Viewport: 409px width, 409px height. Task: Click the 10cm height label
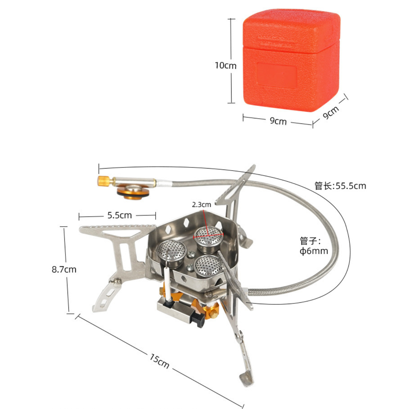click(x=226, y=65)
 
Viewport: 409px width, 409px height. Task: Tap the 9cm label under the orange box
click(x=278, y=121)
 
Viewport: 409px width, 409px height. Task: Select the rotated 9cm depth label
click(x=331, y=112)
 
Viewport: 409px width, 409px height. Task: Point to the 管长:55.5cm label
click(x=340, y=186)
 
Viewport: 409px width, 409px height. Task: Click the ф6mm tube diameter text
click(x=314, y=251)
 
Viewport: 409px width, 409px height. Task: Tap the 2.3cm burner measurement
click(x=201, y=205)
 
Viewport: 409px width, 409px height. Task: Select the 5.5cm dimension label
click(x=120, y=215)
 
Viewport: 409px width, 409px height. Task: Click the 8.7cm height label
click(x=64, y=269)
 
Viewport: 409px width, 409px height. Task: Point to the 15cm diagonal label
click(x=159, y=361)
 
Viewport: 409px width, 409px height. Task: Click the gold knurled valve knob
click(x=103, y=181)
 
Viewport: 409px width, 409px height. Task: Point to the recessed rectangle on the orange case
click(x=276, y=75)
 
